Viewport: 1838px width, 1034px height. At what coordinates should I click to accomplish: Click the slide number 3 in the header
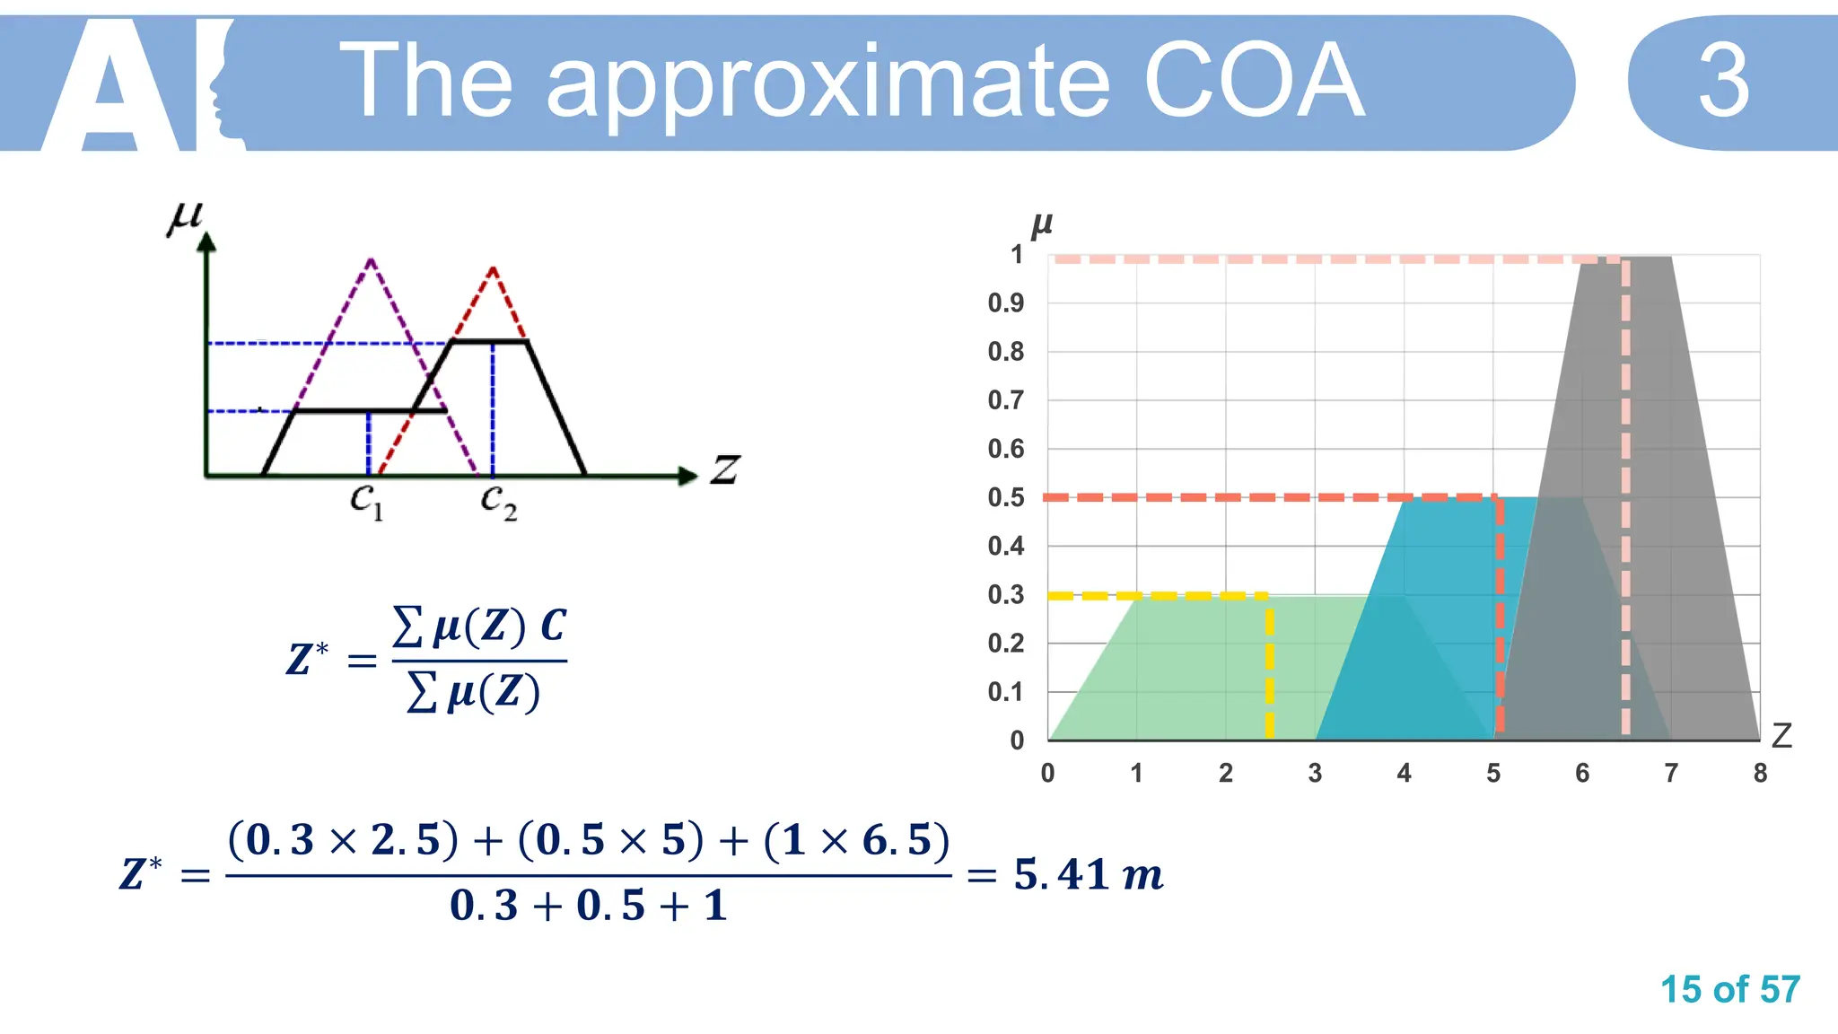coord(1723,82)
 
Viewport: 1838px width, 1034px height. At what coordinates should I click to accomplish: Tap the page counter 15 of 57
coord(1729,990)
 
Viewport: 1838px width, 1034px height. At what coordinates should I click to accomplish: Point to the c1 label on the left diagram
coord(366,500)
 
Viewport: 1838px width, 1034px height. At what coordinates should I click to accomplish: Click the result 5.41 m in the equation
coord(1088,874)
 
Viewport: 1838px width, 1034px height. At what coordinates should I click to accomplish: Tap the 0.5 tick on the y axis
coord(1006,497)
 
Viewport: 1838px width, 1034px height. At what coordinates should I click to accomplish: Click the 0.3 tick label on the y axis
coord(1006,595)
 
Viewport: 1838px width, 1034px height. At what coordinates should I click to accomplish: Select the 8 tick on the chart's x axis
coord(1760,773)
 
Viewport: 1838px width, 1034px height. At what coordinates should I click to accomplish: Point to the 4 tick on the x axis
coord(1404,773)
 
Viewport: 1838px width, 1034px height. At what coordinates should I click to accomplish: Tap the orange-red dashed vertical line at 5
coord(1499,619)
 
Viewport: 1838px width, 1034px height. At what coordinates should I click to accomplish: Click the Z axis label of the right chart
coord(1781,736)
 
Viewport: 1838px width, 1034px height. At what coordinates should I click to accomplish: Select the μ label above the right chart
coord(1041,224)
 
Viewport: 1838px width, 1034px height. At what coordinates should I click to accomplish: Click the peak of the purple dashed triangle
coord(371,261)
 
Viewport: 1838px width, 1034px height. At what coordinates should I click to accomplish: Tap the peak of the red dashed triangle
coord(493,268)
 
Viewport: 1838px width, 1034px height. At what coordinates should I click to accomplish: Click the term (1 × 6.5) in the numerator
coord(856,841)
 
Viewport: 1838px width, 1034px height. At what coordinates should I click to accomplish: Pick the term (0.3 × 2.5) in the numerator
coord(344,841)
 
